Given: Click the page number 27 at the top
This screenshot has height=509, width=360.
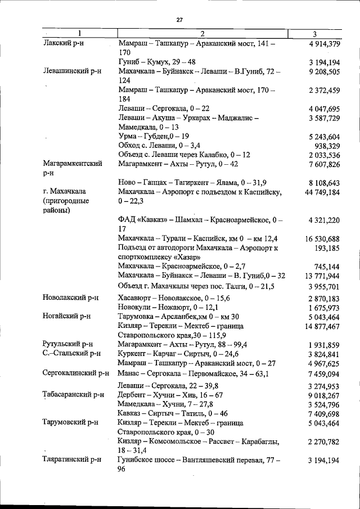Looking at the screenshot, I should tap(179, 20).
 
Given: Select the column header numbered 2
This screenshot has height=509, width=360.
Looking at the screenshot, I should tap(202, 34).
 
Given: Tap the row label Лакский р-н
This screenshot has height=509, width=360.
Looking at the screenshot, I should tap(62, 43).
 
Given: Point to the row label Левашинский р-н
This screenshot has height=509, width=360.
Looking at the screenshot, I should tap(71, 71).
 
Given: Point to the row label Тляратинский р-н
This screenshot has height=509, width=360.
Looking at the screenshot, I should tap(71, 460).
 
